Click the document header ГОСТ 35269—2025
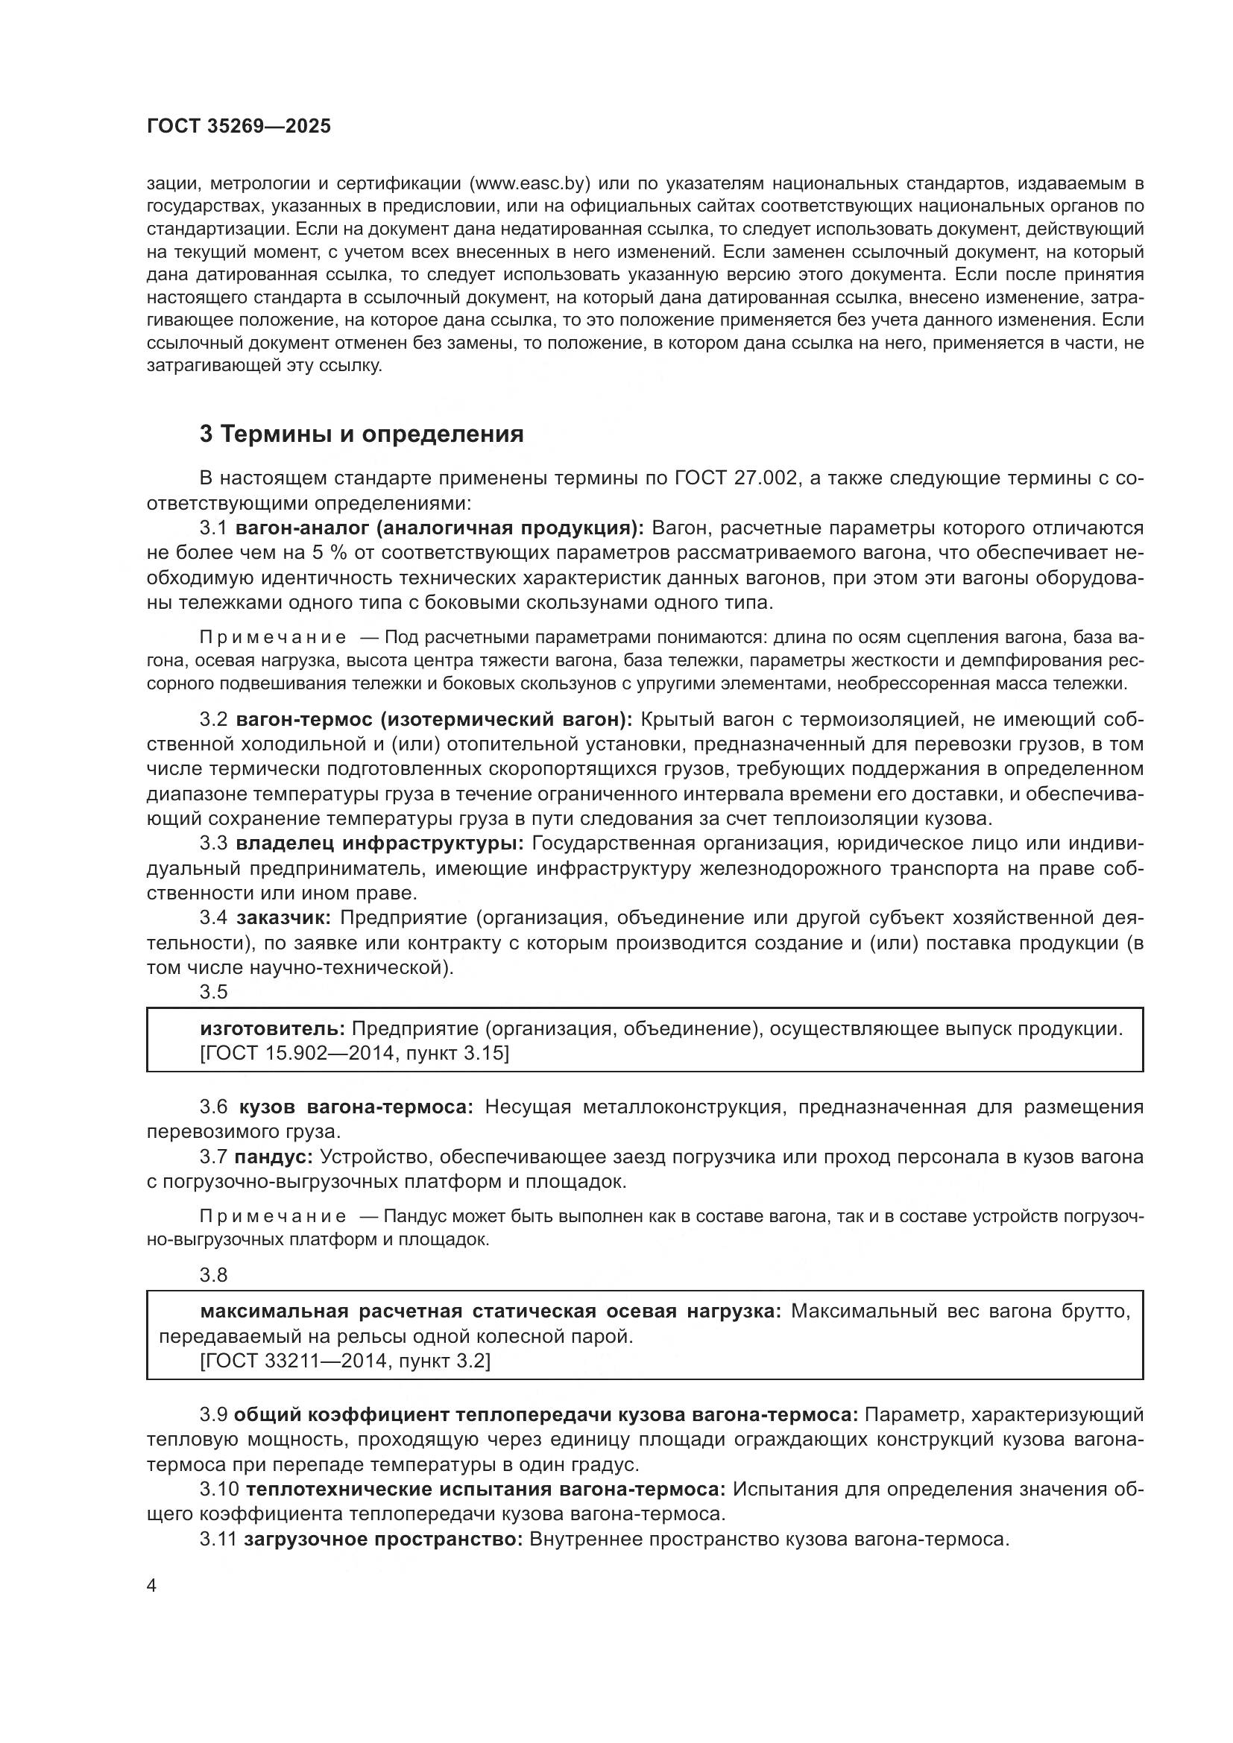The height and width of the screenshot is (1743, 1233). click(x=239, y=127)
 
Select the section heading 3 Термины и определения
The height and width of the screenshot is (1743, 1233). click(x=362, y=434)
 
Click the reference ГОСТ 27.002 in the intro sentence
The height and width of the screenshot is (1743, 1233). click(x=736, y=478)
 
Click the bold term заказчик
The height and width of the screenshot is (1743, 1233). click(x=283, y=918)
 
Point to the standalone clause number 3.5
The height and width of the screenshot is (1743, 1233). click(x=213, y=992)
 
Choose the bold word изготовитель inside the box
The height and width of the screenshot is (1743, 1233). click(x=273, y=1028)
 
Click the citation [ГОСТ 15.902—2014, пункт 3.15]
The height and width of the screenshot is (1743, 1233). click(x=355, y=1054)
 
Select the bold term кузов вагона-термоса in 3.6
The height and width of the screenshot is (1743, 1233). click(x=356, y=1107)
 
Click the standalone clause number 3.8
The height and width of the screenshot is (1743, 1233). click(x=213, y=1275)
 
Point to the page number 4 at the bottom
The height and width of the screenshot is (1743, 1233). click(x=151, y=1587)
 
